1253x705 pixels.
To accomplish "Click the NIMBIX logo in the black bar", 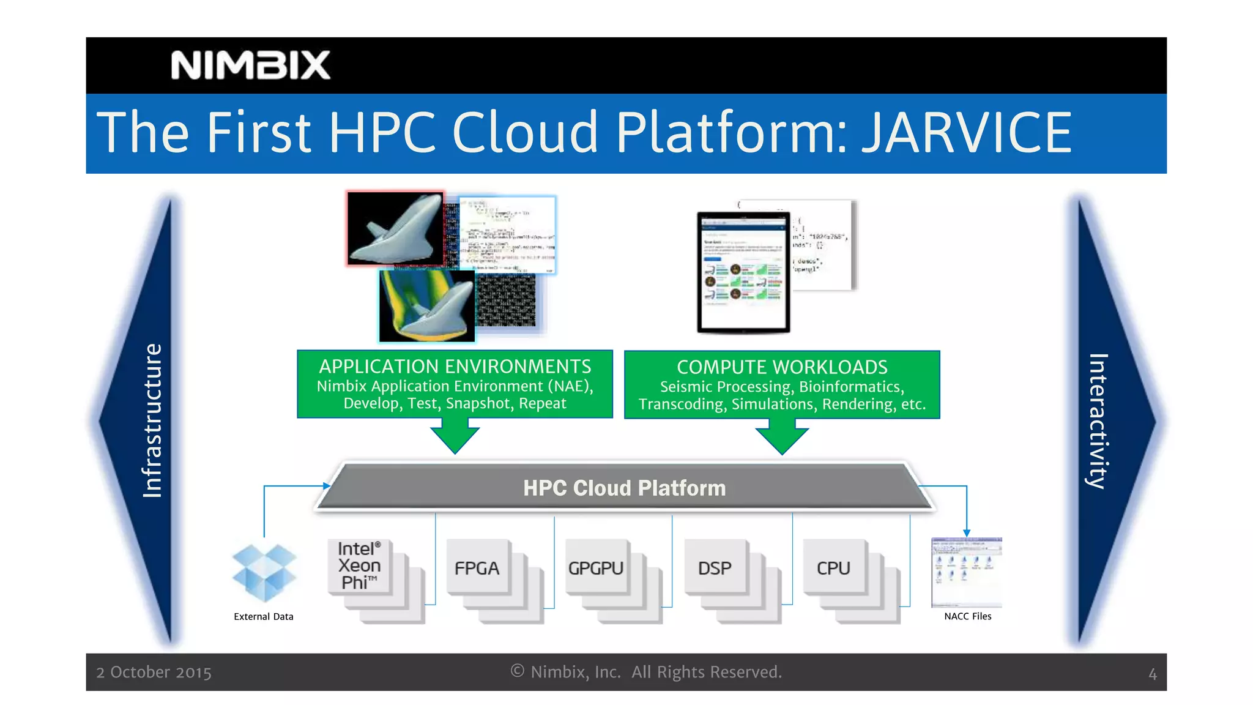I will [250, 65].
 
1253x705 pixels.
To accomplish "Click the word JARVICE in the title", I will [966, 132].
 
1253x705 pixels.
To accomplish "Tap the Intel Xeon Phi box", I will [359, 566].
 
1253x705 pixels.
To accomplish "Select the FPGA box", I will [477, 568].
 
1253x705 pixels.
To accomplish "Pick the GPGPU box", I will [596, 568].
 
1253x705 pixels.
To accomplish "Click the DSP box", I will [715, 568].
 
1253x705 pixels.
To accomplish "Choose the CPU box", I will [833, 568].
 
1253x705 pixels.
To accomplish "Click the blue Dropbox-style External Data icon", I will [264, 573].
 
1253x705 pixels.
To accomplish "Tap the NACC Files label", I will [967, 616].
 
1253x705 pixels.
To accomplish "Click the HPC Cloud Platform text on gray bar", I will [624, 488].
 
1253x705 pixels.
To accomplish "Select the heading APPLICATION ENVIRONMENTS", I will [455, 367].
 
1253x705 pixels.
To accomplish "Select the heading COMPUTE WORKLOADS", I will [782, 367].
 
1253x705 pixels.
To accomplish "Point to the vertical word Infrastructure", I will [152, 420].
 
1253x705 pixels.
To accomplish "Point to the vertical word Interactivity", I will [1099, 421].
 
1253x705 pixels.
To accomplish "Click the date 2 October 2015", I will [154, 673].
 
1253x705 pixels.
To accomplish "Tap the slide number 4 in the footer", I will [1152, 674].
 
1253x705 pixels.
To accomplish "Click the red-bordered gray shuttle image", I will [396, 228].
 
